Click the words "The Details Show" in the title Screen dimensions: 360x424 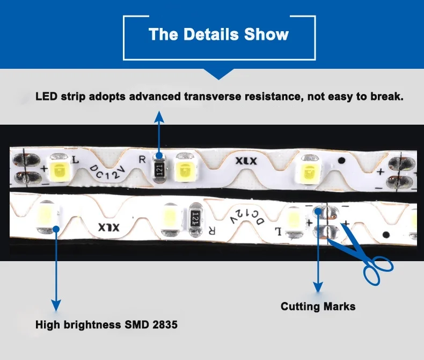(219, 35)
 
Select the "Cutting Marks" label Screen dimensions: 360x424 (318, 307)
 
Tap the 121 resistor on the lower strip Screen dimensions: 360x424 (196, 219)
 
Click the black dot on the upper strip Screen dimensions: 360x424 (341, 160)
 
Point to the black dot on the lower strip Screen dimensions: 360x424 (385, 234)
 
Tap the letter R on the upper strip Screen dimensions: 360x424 (142, 160)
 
